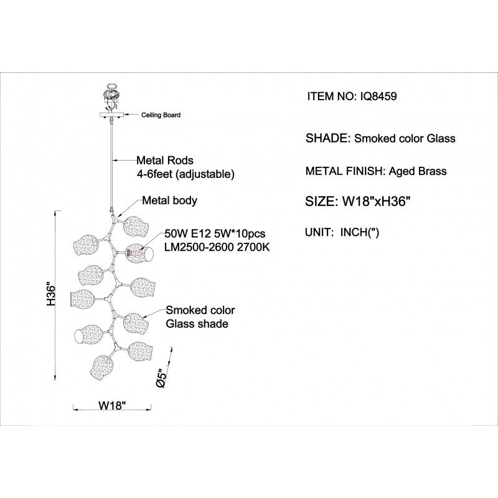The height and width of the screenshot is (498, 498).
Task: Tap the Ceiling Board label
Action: [161, 115]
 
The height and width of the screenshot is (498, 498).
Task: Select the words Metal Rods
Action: [165, 160]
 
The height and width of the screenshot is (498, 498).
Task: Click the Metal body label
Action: [169, 201]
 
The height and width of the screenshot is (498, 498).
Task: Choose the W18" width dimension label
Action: [113, 406]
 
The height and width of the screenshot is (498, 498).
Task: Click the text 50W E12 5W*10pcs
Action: [215, 235]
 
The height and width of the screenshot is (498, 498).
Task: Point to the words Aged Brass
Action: [418, 171]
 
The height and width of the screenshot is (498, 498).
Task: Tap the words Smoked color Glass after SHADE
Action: [405, 139]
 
